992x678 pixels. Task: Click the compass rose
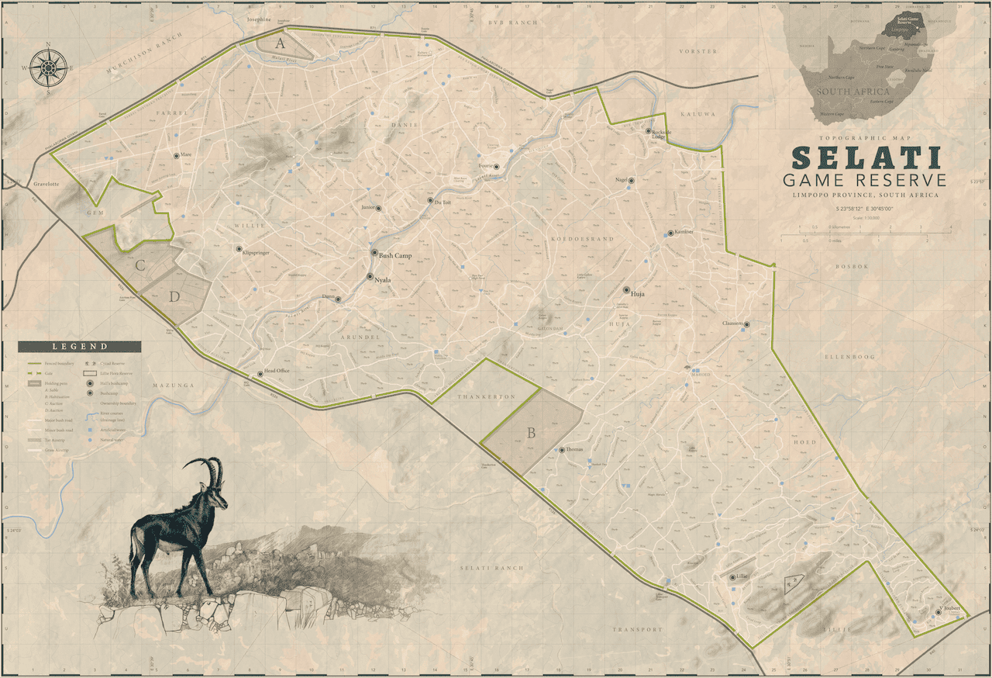pyautogui.click(x=48, y=67)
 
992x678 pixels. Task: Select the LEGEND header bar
pyautogui.click(x=80, y=347)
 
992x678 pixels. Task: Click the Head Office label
pyautogui.click(x=277, y=371)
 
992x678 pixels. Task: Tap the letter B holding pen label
pyautogui.click(x=531, y=434)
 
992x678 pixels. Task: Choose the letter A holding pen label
pyautogui.click(x=280, y=43)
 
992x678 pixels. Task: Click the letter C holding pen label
pyautogui.click(x=140, y=265)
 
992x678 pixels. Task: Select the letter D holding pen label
pyautogui.click(x=175, y=296)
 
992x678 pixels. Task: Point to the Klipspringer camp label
pyautogui.click(x=258, y=253)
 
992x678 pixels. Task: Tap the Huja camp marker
pyautogui.click(x=626, y=290)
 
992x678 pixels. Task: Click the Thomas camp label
pyautogui.click(x=575, y=450)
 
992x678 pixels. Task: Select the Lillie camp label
pyautogui.click(x=745, y=576)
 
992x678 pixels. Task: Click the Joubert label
pyautogui.click(x=952, y=609)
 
